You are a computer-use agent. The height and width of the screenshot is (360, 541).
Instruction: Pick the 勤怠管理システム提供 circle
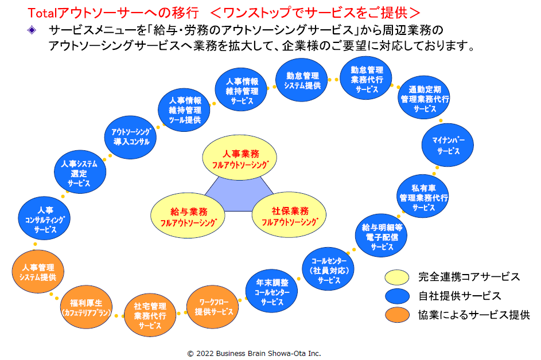point(302,80)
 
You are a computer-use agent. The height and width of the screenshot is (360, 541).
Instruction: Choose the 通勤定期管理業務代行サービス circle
point(425,99)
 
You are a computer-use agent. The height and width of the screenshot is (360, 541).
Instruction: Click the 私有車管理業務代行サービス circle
point(423,197)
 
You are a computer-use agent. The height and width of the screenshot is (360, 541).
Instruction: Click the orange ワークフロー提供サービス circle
point(213,307)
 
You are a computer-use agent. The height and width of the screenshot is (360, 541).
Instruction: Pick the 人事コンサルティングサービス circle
point(45,219)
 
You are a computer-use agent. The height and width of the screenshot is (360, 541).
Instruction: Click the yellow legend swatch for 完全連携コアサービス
point(397,277)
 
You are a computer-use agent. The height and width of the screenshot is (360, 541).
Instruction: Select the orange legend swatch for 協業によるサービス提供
point(397,315)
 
